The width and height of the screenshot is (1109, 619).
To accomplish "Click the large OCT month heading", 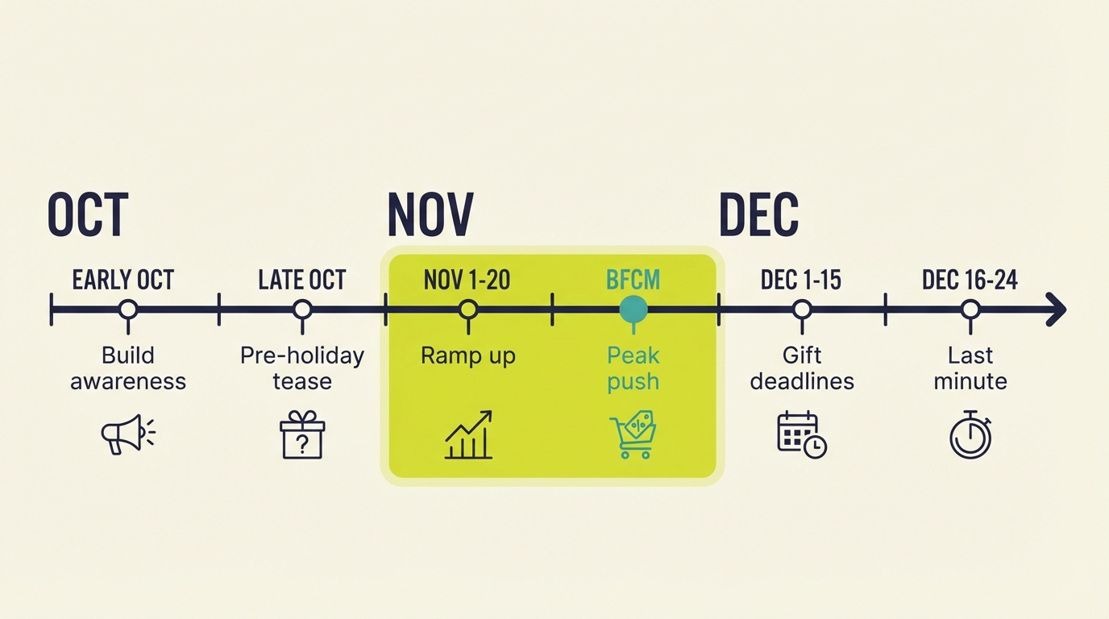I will click(88, 214).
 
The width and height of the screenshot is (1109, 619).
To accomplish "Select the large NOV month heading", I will click(430, 214).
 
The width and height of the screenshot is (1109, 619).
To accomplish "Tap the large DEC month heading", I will click(758, 214).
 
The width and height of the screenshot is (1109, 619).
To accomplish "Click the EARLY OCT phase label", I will click(123, 280).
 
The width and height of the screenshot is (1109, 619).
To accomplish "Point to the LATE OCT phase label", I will click(302, 280).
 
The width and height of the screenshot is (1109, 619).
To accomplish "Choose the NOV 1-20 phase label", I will click(467, 280).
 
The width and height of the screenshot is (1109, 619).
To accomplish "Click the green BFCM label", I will click(633, 280).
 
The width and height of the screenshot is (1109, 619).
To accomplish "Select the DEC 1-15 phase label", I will click(801, 280).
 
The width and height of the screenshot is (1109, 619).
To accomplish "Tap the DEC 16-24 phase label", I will click(970, 280).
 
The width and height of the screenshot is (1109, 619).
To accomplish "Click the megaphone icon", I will click(127, 434).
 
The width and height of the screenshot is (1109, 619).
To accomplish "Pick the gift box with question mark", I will click(302, 434).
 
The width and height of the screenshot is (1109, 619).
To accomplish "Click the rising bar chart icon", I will click(468, 435).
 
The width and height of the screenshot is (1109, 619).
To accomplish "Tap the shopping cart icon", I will click(633, 434).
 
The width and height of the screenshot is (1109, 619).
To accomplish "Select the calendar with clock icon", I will click(801, 434).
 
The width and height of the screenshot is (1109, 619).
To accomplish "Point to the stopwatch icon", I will click(970, 435).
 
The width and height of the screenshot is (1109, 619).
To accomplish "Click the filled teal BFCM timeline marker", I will click(633, 309).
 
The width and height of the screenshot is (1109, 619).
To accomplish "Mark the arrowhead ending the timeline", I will click(1057, 309).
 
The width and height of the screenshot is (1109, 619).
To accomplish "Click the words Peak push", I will click(633, 368).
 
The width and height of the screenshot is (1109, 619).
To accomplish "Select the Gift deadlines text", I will click(802, 368).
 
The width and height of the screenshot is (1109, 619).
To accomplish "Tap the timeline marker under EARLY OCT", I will click(127, 309).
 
